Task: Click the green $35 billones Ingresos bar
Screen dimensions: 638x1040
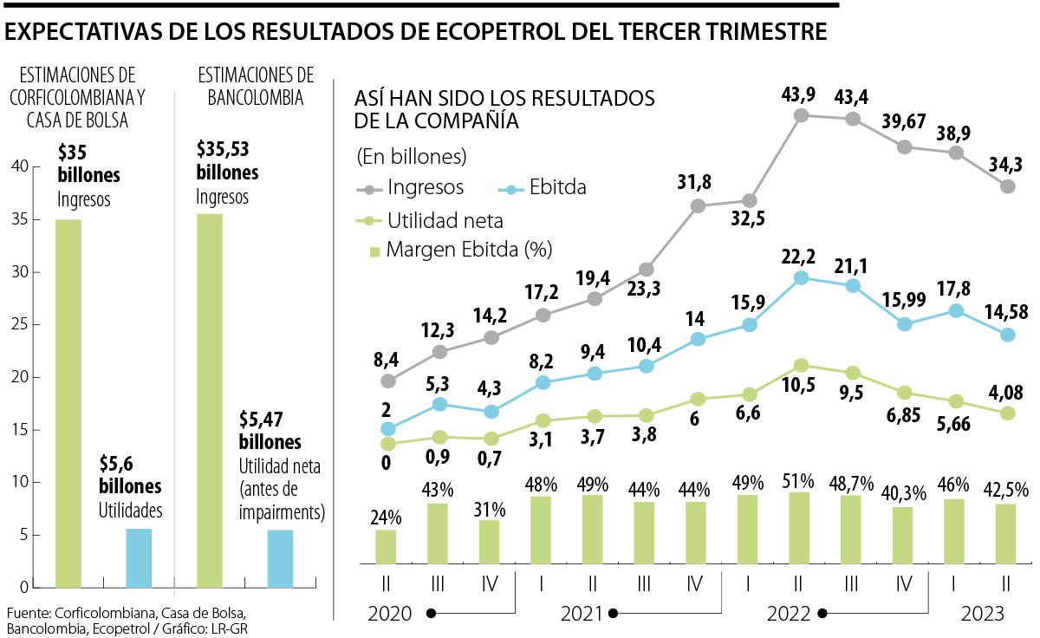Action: [68, 403]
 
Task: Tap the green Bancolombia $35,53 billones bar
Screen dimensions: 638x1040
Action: [210, 400]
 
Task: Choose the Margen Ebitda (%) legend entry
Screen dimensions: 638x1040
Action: [459, 251]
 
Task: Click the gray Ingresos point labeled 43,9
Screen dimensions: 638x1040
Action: [801, 114]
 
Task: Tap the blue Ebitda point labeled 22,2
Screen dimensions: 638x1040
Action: [801, 277]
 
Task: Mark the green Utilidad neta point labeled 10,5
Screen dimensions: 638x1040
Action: [801, 365]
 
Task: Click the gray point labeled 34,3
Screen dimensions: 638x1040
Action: [1008, 186]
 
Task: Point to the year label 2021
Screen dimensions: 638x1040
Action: [582, 614]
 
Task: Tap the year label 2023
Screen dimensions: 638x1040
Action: [982, 614]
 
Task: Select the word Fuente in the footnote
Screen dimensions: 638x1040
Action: [27, 613]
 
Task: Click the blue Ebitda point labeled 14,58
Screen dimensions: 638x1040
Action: [1008, 334]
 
